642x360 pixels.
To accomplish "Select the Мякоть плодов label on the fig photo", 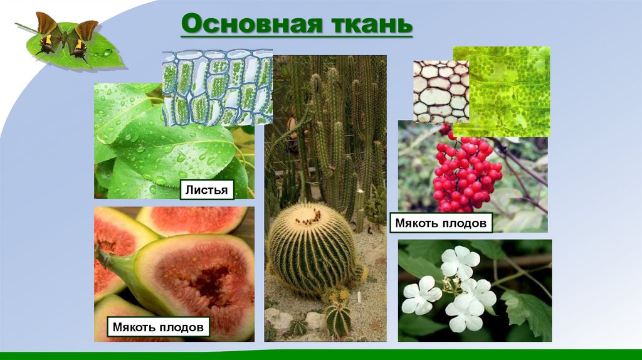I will point(158,326).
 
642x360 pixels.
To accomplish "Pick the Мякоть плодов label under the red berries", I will point(441,223).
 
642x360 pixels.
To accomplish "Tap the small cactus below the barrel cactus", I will point(339,317).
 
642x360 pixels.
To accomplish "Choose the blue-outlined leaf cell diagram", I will point(216,88).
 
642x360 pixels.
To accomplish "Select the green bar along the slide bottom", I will point(321,355).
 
